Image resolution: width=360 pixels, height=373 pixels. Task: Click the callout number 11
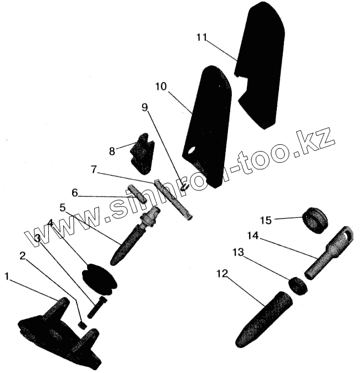point(201,37)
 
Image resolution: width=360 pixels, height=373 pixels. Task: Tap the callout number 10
point(160,87)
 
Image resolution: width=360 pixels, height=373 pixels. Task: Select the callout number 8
point(112,150)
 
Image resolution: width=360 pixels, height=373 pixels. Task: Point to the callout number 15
point(266,220)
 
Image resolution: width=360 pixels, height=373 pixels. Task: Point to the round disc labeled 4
point(100,278)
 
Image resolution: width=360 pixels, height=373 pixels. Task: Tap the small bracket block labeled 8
point(143,152)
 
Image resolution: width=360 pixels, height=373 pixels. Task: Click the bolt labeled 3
point(95,307)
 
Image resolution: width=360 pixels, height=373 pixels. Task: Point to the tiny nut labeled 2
point(82,324)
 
